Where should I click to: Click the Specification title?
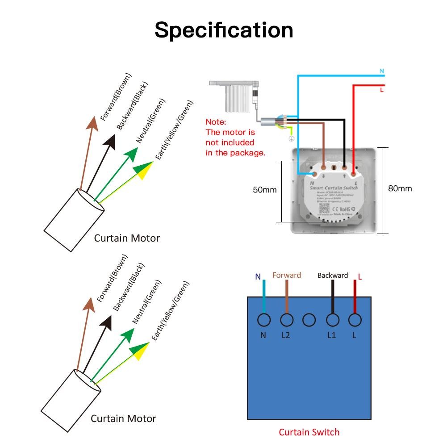pos(224,30)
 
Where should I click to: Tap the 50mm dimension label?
pos(265,190)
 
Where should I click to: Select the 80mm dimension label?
pos(400,188)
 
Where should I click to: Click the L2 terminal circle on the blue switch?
pos(286,320)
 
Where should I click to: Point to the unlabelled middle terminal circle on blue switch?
pos(309,320)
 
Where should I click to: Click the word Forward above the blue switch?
pos(287,276)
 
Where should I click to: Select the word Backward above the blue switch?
pos(332,276)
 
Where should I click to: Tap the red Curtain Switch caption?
pos(309,432)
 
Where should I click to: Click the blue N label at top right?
pos(382,71)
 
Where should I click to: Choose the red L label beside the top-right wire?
pos(382,90)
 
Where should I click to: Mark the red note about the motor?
pos(235,137)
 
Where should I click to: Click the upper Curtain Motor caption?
pos(126,238)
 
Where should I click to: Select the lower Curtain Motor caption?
pos(123,418)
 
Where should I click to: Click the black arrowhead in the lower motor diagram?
pos(106,322)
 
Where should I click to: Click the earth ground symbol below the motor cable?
pos(291,139)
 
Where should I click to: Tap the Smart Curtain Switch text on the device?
pos(334,189)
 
